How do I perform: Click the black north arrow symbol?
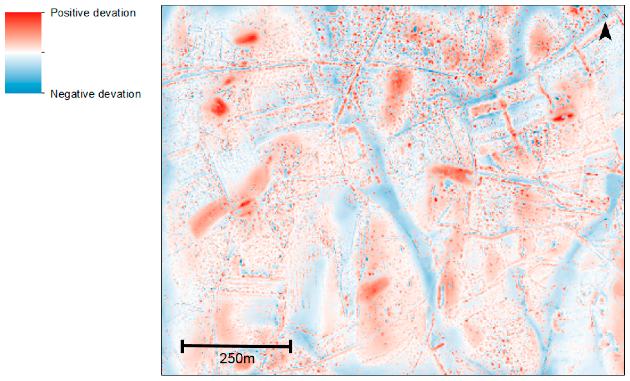[605, 32]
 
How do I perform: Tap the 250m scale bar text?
[237, 358]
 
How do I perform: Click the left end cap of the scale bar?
[182, 346]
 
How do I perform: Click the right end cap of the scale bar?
[291, 346]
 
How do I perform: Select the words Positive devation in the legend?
[93, 13]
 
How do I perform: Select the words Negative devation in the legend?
[95, 94]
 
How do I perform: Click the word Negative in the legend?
[71, 94]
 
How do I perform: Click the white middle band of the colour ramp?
[23, 52]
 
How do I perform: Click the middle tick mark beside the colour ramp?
[43, 52]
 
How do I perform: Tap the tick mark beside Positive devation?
[43, 12]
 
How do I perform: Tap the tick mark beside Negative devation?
[43, 93]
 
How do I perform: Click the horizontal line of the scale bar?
[237, 346]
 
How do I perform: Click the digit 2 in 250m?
[223, 358]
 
